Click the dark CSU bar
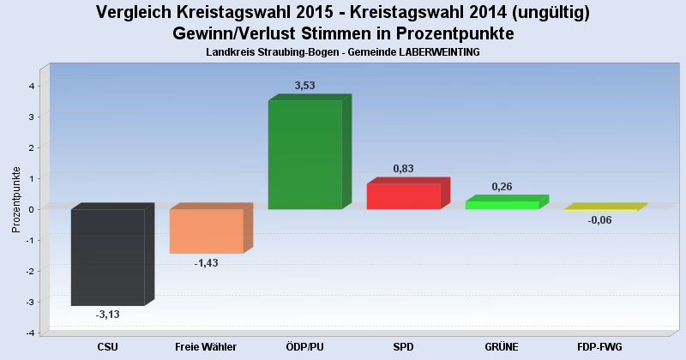tap(108, 257)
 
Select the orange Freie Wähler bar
tap(207, 231)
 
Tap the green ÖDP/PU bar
tap(305, 154)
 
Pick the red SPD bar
tap(404, 196)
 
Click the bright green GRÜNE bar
tap(502, 205)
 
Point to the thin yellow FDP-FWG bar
tap(601, 208)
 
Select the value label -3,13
tap(108, 315)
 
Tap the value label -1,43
tap(206, 263)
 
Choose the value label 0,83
tap(404, 169)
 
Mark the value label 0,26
tap(502, 186)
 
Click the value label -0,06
tap(600, 220)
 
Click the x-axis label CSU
tap(108, 346)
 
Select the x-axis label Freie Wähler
tap(206, 346)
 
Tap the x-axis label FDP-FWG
tap(600, 346)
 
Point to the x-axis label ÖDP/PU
tap(305, 346)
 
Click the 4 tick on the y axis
tap(32, 86)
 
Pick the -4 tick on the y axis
tap(30, 333)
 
